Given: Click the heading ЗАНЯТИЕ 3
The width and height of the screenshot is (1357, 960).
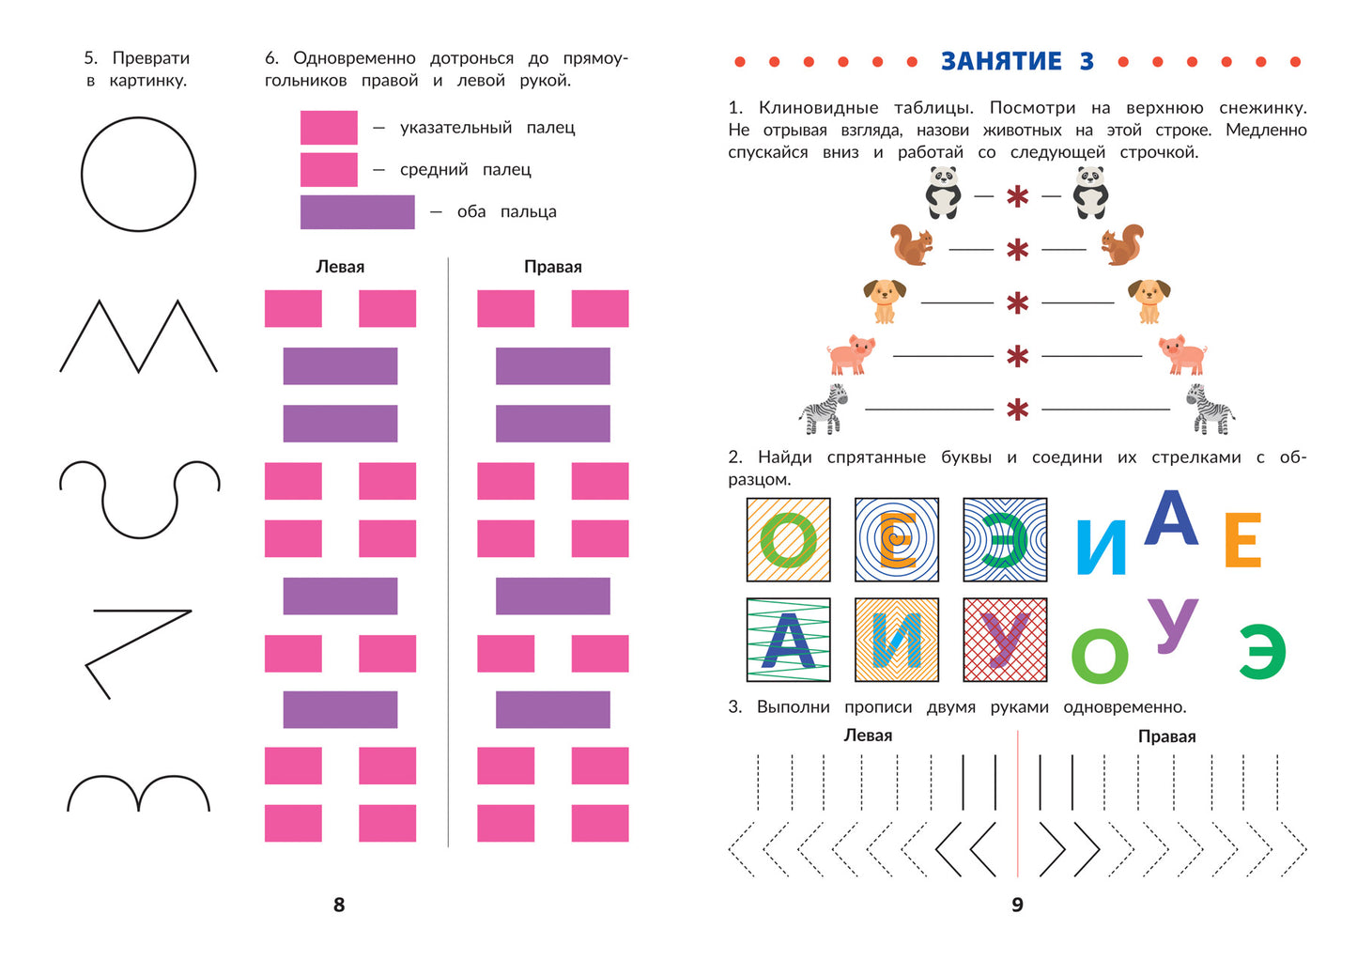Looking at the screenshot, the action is click(1017, 61).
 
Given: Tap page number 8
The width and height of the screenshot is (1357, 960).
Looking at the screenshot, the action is click(339, 905).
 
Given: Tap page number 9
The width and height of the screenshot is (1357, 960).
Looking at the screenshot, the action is click(1018, 905).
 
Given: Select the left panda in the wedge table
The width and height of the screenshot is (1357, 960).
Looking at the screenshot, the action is click(943, 193).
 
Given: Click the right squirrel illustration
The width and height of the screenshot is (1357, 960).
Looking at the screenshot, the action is click(1122, 245).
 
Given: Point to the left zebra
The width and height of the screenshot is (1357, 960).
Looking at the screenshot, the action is click(824, 410).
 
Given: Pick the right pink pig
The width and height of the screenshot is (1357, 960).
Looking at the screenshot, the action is click(1183, 354).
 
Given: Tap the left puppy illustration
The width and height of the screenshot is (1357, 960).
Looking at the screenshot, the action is click(885, 302).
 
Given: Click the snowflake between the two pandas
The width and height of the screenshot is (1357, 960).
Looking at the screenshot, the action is click(1018, 196).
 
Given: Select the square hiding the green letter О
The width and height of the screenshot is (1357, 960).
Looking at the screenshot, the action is click(789, 540).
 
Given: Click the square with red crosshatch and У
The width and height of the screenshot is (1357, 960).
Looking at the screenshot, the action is click(1005, 640).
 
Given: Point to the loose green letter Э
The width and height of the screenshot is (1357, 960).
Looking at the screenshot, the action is click(1262, 652).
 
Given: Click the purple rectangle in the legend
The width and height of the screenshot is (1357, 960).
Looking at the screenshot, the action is click(358, 212).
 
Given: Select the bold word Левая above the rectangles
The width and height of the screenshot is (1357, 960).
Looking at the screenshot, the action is click(340, 267).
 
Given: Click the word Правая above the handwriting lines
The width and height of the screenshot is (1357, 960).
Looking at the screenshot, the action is click(1166, 736).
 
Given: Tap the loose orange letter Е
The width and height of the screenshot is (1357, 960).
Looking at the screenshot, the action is click(1243, 539).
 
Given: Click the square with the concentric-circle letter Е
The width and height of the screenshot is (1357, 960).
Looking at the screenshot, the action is click(897, 540).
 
